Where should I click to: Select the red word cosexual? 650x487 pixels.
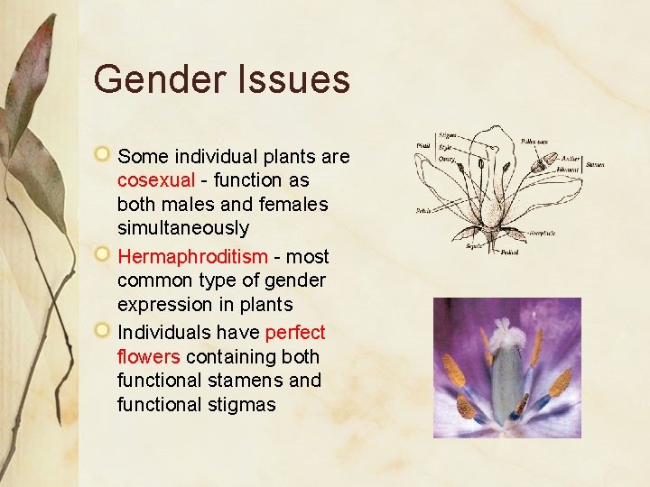(x=156, y=180)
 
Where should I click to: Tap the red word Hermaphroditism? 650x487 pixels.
(x=192, y=256)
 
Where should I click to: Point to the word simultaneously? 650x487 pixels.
(x=182, y=229)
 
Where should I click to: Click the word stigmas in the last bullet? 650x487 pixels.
(x=241, y=405)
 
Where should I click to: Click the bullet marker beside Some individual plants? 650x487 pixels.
(x=105, y=156)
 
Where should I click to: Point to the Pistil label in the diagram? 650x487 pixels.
(x=422, y=144)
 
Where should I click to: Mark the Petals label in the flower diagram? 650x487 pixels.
(x=422, y=211)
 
